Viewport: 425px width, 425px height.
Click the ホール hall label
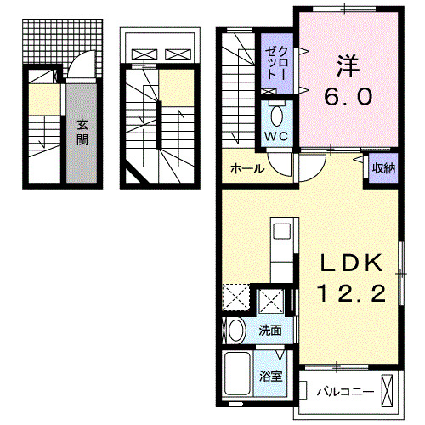tap(246, 168)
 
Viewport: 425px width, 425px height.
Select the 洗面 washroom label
tap(269, 331)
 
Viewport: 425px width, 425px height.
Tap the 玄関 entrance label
tap(82, 132)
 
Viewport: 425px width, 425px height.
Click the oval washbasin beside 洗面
tap(236, 331)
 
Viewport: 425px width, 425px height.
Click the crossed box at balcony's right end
tap(388, 391)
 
